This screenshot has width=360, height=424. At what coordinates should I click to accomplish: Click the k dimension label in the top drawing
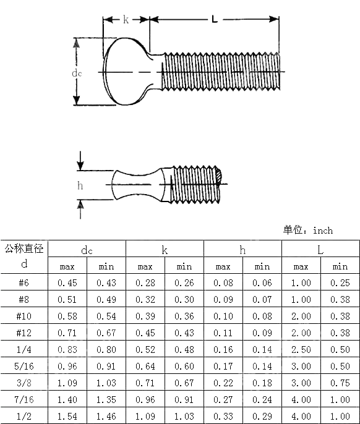click(126, 19)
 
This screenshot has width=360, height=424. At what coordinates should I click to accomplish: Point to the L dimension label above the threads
click(215, 19)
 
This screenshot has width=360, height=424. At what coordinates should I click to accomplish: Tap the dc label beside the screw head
click(77, 72)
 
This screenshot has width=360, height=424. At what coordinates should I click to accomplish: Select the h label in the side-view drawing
click(80, 185)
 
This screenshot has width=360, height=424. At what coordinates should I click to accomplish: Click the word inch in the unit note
click(323, 230)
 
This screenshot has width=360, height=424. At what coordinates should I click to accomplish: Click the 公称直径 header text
click(24, 248)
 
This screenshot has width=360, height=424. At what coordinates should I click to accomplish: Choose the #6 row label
click(24, 282)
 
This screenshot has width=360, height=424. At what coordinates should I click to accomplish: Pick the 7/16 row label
click(24, 399)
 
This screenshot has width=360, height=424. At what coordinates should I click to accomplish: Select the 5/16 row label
click(24, 366)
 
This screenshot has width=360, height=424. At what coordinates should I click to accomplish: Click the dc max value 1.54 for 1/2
click(67, 416)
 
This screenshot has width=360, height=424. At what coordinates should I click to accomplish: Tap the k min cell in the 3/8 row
click(184, 383)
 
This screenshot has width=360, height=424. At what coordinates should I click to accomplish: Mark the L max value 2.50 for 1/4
click(301, 349)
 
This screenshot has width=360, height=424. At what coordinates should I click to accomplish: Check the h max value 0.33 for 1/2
click(223, 416)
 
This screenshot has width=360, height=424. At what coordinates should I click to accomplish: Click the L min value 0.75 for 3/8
click(340, 383)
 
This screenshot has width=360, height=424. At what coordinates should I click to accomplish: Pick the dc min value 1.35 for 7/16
click(106, 399)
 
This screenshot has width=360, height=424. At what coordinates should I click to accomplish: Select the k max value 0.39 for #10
click(145, 316)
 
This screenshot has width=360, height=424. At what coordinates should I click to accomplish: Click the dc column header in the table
click(87, 250)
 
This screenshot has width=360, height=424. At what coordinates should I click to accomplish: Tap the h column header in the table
click(242, 250)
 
